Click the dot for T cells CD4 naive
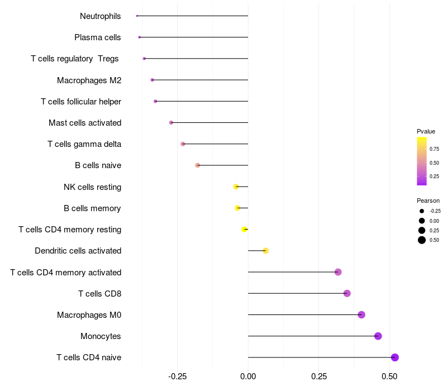(394, 357)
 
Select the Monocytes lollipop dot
(378, 336)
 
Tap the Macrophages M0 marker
(362, 315)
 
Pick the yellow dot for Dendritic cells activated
(265, 251)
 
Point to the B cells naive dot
(197, 165)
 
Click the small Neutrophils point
(137, 16)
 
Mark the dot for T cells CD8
(347, 293)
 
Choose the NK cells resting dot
(236, 187)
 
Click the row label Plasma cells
(98, 37)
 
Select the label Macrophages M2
(89, 80)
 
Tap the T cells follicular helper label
(81, 102)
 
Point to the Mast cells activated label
(85, 123)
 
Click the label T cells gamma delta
(84, 144)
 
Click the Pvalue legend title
(426, 131)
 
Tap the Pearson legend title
(428, 201)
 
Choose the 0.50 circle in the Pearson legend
(422, 240)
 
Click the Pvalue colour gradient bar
(422, 161)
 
